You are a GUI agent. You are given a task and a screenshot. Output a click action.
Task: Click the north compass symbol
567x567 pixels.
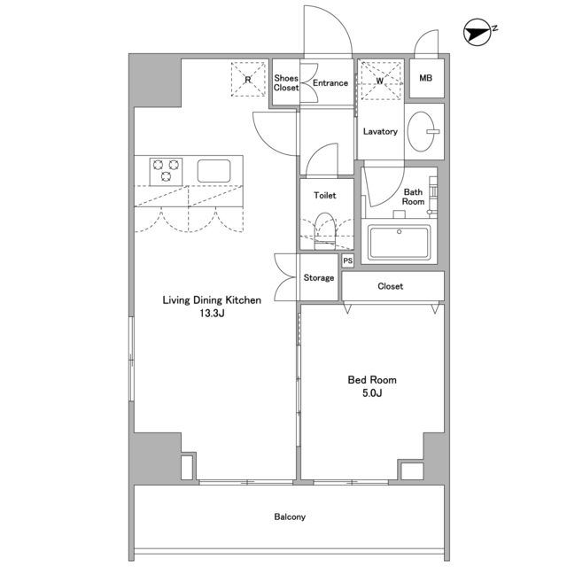tap(478, 33)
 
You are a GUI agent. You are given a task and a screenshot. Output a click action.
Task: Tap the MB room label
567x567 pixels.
tap(425, 78)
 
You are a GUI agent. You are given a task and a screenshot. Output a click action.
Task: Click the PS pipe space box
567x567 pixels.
tap(347, 260)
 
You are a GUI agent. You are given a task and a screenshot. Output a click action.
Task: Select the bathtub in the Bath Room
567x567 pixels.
tap(400, 242)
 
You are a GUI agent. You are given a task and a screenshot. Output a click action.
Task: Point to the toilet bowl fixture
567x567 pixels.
tap(325, 230)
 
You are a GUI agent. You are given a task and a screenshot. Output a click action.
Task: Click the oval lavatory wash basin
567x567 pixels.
tap(422, 131)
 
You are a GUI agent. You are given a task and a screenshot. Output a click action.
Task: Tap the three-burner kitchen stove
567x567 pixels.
tap(166, 171)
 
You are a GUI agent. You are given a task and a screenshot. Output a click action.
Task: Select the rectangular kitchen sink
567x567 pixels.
tap(214, 171)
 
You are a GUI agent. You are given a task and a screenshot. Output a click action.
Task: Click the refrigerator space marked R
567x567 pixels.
tap(248, 80)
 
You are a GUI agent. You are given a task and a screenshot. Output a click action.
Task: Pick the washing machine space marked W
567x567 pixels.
tap(381, 81)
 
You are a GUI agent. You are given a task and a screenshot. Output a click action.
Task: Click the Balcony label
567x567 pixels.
tap(290, 517)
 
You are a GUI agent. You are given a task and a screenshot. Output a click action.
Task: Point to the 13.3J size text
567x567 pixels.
tap(212, 313)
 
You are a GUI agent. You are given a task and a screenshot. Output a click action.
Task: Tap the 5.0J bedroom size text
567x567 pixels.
tap(372, 393)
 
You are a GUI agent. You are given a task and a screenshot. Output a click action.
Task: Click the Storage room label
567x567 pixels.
tap(319, 277)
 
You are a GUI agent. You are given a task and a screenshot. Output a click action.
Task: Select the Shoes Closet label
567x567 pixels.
tap(286, 82)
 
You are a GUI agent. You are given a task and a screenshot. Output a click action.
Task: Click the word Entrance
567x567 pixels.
tap(330, 82)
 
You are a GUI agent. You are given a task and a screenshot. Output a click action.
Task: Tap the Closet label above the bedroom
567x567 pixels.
tap(390, 286)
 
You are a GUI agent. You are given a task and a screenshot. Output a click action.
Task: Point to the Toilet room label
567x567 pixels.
tap(325, 195)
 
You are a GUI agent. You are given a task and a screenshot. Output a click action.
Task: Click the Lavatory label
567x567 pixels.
tap(380, 131)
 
